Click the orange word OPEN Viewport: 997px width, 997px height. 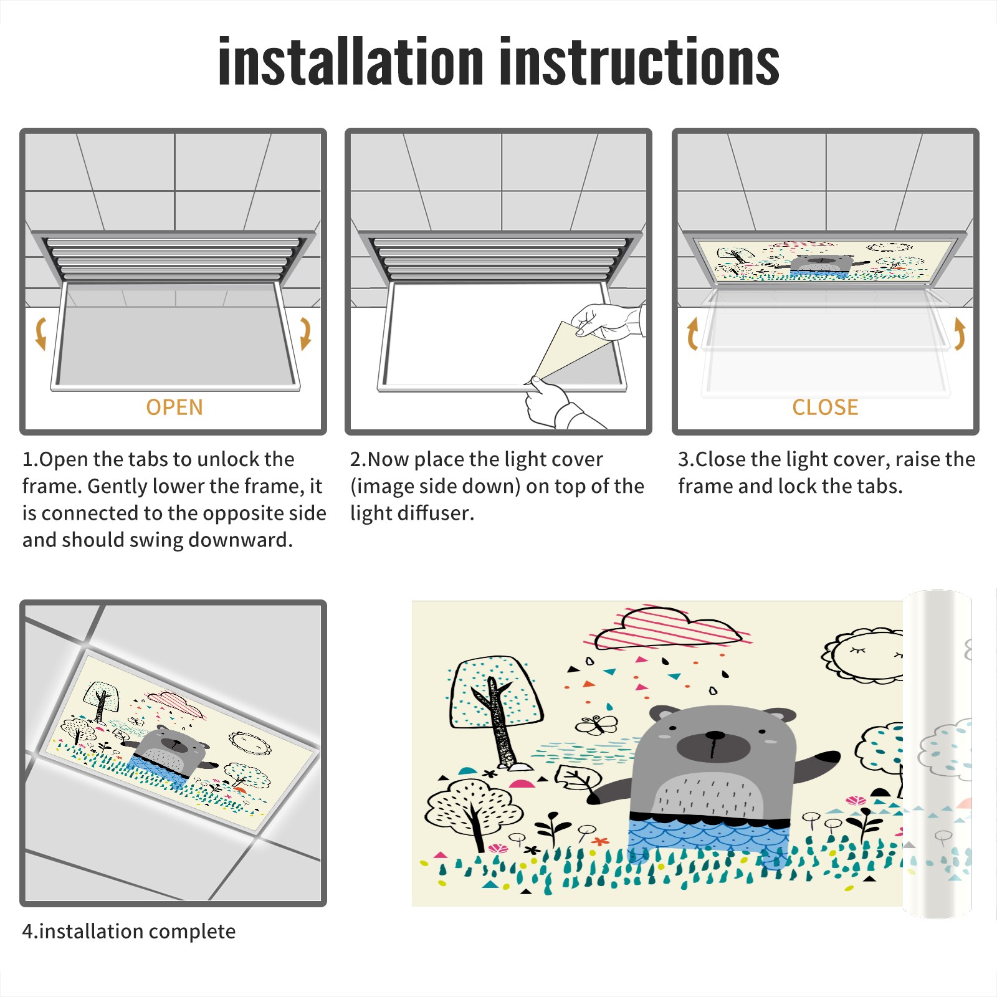click(174, 408)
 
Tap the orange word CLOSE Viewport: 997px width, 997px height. click(825, 408)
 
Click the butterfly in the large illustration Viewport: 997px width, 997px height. click(597, 725)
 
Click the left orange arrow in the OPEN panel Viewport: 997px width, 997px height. click(41, 334)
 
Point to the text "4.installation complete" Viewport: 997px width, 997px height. click(129, 931)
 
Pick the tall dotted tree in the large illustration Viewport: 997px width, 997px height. click(495, 710)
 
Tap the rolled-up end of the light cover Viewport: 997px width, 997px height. click(937, 754)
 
